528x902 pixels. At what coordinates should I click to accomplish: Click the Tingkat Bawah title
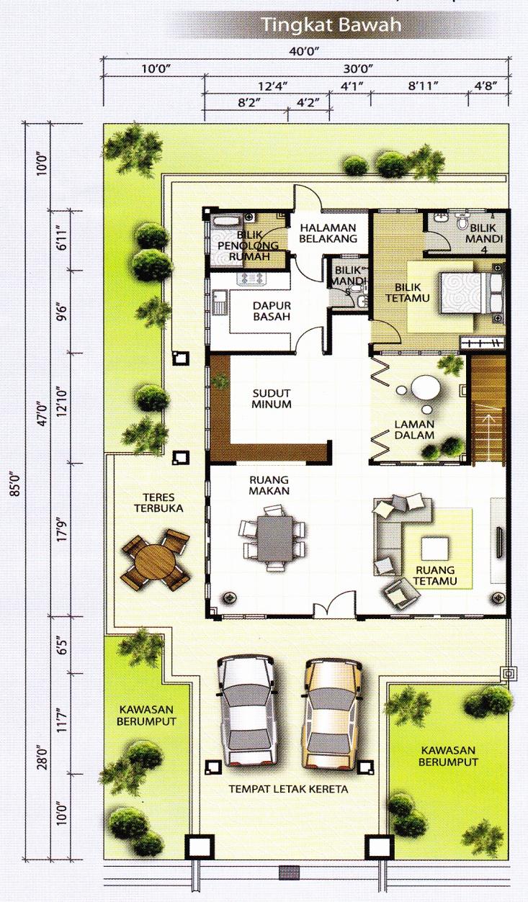pyautogui.click(x=332, y=25)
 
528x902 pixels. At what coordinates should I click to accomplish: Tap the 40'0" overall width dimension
pyautogui.click(x=304, y=51)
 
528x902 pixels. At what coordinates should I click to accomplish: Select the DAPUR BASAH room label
pyautogui.click(x=272, y=311)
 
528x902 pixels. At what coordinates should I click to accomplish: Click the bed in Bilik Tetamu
pyautogui.click(x=472, y=292)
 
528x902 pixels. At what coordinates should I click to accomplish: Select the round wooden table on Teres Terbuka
pyautogui.click(x=155, y=562)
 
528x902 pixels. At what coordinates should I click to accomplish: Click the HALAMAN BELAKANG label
pyautogui.click(x=328, y=233)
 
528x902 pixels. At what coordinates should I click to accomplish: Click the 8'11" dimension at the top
pyautogui.click(x=423, y=86)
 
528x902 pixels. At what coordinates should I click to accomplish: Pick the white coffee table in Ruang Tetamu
pyautogui.click(x=435, y=549)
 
